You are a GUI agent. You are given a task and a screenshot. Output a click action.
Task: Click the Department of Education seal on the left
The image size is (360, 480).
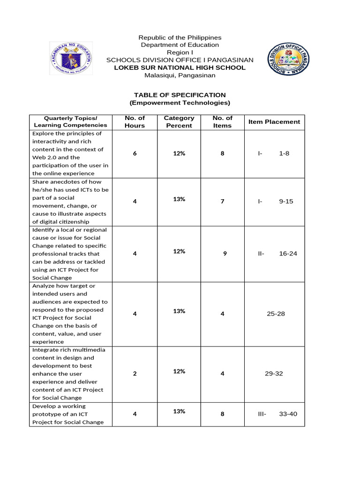coord(71,58)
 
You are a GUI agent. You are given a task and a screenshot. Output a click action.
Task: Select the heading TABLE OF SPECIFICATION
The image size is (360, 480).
coord(180,95)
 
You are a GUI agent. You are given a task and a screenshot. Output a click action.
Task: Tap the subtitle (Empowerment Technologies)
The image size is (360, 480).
coord(180,103)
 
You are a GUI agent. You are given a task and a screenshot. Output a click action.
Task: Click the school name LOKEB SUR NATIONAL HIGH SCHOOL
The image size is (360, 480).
coord(180,67)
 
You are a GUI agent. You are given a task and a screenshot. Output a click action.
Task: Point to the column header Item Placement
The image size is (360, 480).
coord(274,122)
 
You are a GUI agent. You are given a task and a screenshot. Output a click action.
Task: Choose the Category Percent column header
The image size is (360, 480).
coord(179,122)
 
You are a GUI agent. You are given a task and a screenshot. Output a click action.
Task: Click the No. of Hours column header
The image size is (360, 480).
coord(135,122)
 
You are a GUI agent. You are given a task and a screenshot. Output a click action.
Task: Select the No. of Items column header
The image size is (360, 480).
coord(223,122)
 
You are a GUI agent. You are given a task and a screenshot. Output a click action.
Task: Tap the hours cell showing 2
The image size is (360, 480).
coord(135,374)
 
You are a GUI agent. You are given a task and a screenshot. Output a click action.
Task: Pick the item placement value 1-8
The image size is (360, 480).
coord(284,154)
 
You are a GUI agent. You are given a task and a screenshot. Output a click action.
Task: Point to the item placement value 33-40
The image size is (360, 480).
coord(288,414)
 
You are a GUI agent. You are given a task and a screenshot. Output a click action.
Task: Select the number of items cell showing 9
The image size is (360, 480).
coord(225,254)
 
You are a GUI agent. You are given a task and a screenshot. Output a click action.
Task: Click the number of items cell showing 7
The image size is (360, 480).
coord(223,202)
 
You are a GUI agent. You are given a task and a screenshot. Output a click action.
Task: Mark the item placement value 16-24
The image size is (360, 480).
coord(288,254)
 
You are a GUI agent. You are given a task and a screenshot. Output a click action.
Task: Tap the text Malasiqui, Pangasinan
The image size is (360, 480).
coord(180,75)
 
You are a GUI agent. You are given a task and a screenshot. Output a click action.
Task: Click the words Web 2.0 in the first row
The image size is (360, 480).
coord(42,157)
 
